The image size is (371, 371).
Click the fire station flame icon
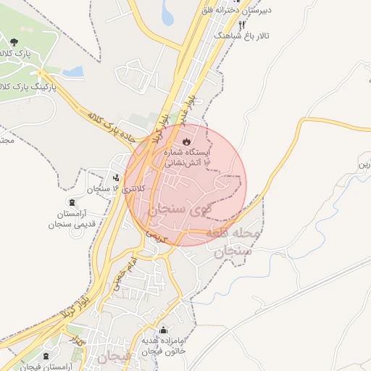click(185, 141)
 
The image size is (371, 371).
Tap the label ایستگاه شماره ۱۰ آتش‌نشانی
click(188, 159)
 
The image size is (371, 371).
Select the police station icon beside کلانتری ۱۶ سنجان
click(116, 177)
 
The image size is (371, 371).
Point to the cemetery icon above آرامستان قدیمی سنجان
click(70, 201)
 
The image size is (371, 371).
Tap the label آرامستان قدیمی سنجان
click(71, 220)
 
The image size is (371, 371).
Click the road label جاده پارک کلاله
click(117, 124)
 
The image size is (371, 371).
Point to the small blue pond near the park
click(72, 72)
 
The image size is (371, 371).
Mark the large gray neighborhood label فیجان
click(112, 357)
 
